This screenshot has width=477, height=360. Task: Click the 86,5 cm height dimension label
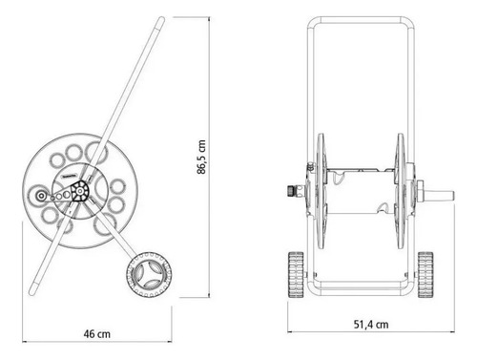[201, 157]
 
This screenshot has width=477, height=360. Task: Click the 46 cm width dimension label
[97, 334]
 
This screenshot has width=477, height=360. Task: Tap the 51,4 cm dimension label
[371, 325]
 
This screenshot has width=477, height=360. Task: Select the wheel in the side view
[149, 274]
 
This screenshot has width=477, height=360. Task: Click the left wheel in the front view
[296, 274]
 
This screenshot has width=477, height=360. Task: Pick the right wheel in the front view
[425, 274]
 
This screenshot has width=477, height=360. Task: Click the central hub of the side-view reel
[80, 191]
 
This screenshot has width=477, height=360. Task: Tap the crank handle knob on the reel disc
[41, 196]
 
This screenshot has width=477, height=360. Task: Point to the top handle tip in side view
[161, 20]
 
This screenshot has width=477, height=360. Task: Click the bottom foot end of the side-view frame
[32, 291]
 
